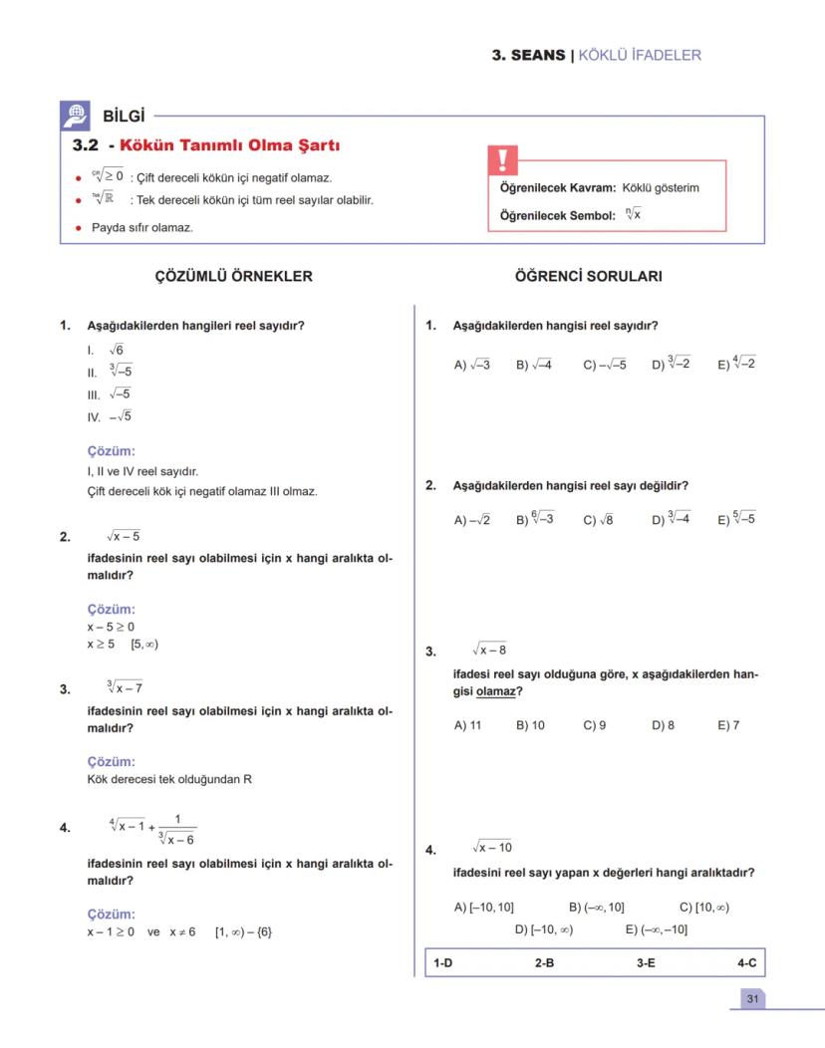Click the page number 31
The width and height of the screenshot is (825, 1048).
coord(752,998)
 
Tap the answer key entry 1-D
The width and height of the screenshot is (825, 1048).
coord(442,963)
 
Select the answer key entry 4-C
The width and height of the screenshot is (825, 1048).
coord(746,963)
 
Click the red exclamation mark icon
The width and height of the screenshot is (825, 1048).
coord(502,160)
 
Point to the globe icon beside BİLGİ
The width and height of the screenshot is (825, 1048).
coord(76,115)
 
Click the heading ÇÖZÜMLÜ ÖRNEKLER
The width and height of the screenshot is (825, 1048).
coord(233,277)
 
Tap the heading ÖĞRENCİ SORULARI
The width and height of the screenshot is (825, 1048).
coord(588,277)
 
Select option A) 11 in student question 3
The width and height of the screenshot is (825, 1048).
coord(467,725)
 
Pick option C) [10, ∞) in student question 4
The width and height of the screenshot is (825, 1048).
coord(703,907)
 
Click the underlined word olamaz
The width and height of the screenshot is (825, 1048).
coord(495,691)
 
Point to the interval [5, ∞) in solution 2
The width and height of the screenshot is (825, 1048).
coord(144,644)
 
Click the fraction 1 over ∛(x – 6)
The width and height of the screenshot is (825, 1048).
coord(176,830)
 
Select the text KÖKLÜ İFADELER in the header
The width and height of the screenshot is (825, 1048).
coord(640,55)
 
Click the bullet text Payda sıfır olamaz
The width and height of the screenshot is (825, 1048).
coord(141,228)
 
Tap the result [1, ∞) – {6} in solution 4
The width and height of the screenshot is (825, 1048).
coord(243,932)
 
